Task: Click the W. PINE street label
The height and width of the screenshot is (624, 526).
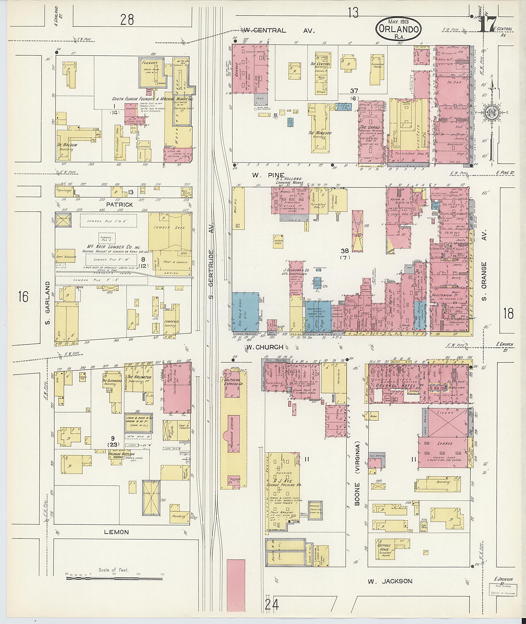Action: point(268,175)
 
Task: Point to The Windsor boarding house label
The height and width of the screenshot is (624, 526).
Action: point(320,133)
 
